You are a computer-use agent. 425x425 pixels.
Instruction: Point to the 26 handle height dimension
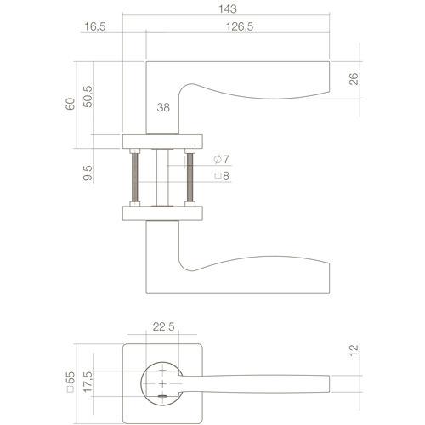click(354, 79)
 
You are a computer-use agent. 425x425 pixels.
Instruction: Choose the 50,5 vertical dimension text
click(85, 94)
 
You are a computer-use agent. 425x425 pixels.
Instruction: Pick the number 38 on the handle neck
click(165, 108)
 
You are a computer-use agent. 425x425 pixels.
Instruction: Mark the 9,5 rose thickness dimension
click(85, 173)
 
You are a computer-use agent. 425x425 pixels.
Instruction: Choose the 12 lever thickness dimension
click(354, 351)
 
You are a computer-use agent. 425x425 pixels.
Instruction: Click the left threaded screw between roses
click(134, 177)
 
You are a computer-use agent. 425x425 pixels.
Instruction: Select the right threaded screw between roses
click(189, 177)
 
